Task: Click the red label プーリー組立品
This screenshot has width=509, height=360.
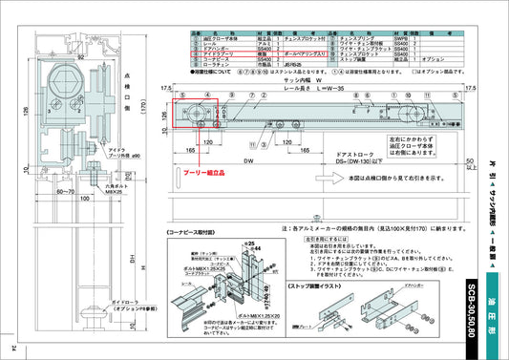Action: (203, 174)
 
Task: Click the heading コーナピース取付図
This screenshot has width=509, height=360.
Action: (203, 231)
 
